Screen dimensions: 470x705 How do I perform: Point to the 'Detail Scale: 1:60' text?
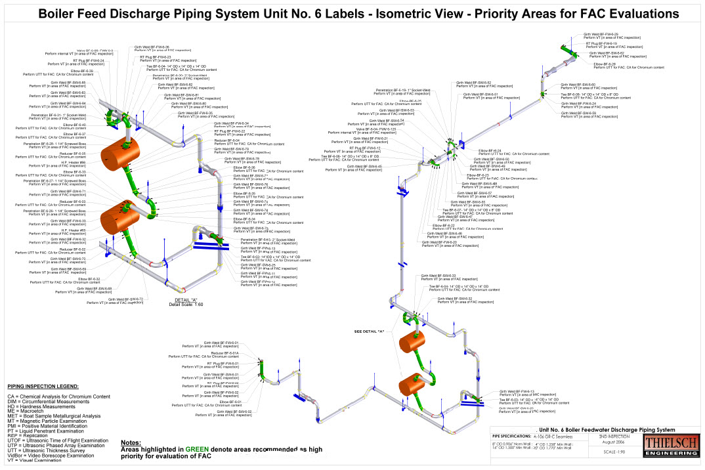point(186,305)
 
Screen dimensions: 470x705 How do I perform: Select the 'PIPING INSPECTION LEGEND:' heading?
point(43,386)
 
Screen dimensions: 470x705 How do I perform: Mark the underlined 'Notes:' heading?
point(131,442)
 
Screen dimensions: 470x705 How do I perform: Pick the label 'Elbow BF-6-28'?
point(605,64)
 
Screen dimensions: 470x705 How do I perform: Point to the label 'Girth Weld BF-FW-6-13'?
point(517,391)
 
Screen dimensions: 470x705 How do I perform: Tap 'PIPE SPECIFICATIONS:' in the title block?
point(511,435)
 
